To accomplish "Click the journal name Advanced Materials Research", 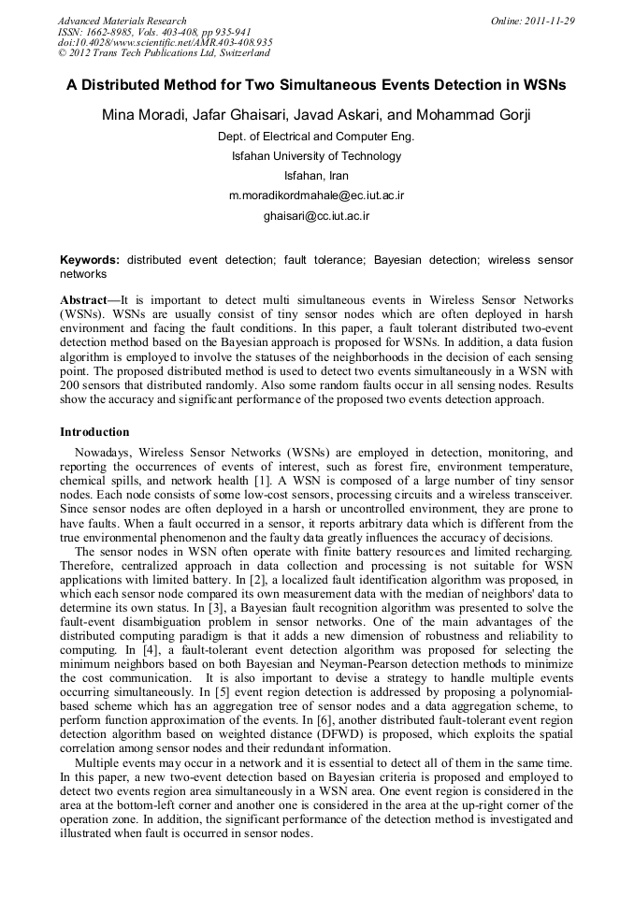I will click(x=122, y=21).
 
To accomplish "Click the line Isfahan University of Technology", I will click(x=316, y=156).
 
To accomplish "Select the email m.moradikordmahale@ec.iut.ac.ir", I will click(x=316, y=196).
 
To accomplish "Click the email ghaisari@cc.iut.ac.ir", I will click(x=316, y=216).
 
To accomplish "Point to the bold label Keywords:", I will click(x=90, y=259).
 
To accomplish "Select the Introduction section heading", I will click(x=94, y=432).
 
